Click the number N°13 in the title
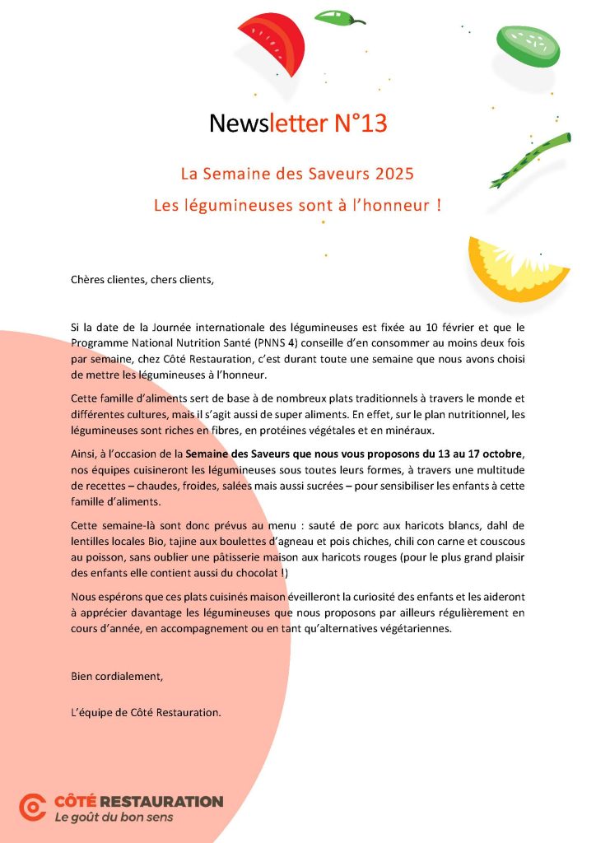(x=360, y=123)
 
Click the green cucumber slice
(x=528, y=44)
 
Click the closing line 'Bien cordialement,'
(x=117, y=677)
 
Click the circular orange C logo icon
(x=33, y=808)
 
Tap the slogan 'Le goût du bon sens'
(x=114, y=818)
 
